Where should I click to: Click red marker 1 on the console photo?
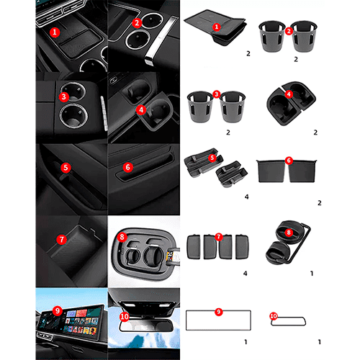tap(55, 32)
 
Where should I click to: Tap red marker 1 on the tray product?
tap(217, 27)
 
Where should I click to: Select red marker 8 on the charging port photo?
tap(122, 237)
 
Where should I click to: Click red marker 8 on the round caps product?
tap(289, 233)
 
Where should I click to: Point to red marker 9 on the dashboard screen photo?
tap(58, 311)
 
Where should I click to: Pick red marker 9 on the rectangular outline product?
tap(219, 312)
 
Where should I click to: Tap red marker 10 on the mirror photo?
tap(125, 317)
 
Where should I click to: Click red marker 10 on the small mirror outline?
tap(274, 316)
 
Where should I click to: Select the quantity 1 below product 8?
tap(312, 274)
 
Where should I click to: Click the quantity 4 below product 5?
tap(246, 197)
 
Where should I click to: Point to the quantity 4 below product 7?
tap(245, 274)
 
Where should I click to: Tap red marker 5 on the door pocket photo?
tap(66, 167)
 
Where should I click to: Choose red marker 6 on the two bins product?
tap(289, 161)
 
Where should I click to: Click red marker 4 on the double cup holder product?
tap(289, 94)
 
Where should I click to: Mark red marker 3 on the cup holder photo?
tap(64, 96)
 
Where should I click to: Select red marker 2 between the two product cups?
tap(289, 31)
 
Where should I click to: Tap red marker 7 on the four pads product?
tap(218, 237)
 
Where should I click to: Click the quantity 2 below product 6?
tap(320, 203)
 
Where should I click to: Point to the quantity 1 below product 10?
tap(320, 342)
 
